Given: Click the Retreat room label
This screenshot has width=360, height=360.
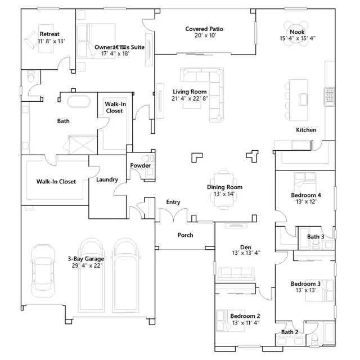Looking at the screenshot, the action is click(49, 34).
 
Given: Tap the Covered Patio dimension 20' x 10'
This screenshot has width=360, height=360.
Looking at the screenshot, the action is click(205, 35).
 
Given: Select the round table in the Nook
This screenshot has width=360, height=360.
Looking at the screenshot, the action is click(296, 34).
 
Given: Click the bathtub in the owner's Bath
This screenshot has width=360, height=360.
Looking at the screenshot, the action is click(79, 101).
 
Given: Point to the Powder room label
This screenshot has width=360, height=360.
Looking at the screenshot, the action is click(140, 165).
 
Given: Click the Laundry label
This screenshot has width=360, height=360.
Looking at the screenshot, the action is click(107, 179).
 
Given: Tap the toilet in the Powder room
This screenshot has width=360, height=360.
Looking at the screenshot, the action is click(147, 158).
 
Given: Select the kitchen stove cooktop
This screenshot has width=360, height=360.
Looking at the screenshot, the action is click(329, 97).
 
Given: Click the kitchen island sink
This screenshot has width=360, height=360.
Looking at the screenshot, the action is click(303, 100).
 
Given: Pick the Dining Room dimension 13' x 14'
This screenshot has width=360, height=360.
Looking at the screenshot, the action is click(224, 194).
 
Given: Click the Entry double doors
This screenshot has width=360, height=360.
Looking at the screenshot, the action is click(174, 215).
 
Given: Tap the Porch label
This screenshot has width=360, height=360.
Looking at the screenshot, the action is click(185, 235).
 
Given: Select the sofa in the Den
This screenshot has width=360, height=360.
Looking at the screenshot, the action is click(236, 274).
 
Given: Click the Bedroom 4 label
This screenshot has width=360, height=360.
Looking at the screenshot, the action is click(306, 195).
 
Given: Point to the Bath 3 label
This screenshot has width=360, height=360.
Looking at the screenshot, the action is click(316, 236).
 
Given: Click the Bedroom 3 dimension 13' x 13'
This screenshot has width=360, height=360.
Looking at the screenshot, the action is click(306, 290).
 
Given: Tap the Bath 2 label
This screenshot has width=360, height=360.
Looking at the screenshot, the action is click(290, 332).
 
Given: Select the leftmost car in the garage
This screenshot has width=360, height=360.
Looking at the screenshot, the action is click(43, 271).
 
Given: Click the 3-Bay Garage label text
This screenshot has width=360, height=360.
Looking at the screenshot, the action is click(86, 259).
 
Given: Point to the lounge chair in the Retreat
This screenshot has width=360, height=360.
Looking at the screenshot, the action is click(31, 40).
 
